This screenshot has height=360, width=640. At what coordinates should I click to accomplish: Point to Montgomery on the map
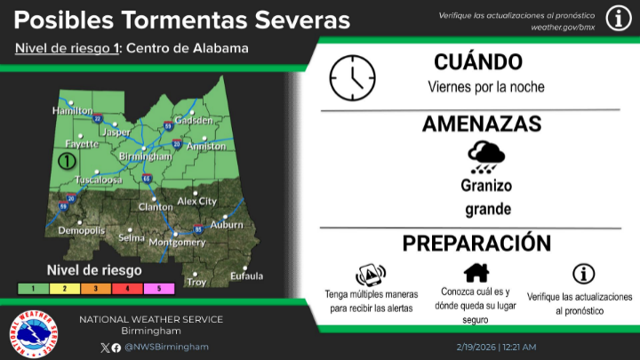(x=176, y=242)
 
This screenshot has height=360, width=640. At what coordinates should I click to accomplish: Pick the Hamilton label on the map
(x=73, y=111)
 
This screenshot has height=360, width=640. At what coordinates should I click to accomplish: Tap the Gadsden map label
(x=194, y=120)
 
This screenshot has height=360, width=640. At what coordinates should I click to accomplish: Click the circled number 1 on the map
(x=65, y=162)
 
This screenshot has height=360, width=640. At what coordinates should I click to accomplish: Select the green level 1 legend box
(x=32, y=289)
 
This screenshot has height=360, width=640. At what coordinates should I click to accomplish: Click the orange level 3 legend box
(x=96, y=289)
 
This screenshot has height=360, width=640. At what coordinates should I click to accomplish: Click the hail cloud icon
(x=486, y=158)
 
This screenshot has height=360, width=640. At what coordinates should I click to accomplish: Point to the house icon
(x=476, y=272)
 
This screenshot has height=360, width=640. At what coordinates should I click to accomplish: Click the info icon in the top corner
(x=619, y=18)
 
